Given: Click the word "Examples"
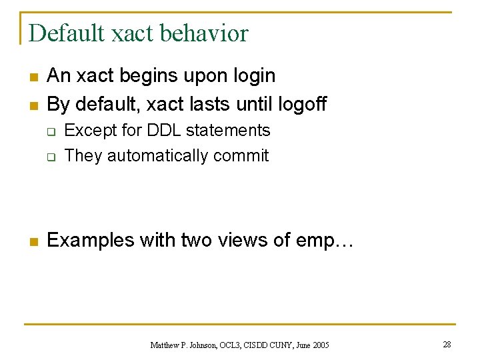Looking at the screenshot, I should click(91, 240).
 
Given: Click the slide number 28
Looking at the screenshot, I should click(447, 344).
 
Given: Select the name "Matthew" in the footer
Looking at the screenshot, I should click(164, 345).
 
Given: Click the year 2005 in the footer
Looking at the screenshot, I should click(319, 345).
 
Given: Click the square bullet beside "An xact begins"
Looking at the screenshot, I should click(32, 77).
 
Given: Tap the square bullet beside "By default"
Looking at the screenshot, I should click(32, 105).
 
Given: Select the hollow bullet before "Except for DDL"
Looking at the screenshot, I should click(50, 132).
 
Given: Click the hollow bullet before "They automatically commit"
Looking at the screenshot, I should click(50, 157).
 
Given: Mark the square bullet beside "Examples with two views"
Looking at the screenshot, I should click(32, 241).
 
